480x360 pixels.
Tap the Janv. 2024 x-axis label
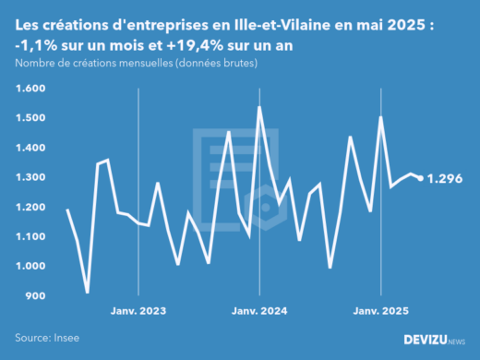pos(259,312)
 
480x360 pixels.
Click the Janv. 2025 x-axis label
pos(381,312)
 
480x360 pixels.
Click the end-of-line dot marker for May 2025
pos(421,178)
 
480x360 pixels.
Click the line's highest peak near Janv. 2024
pos(258,107)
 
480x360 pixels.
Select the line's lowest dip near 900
pos(87,292)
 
